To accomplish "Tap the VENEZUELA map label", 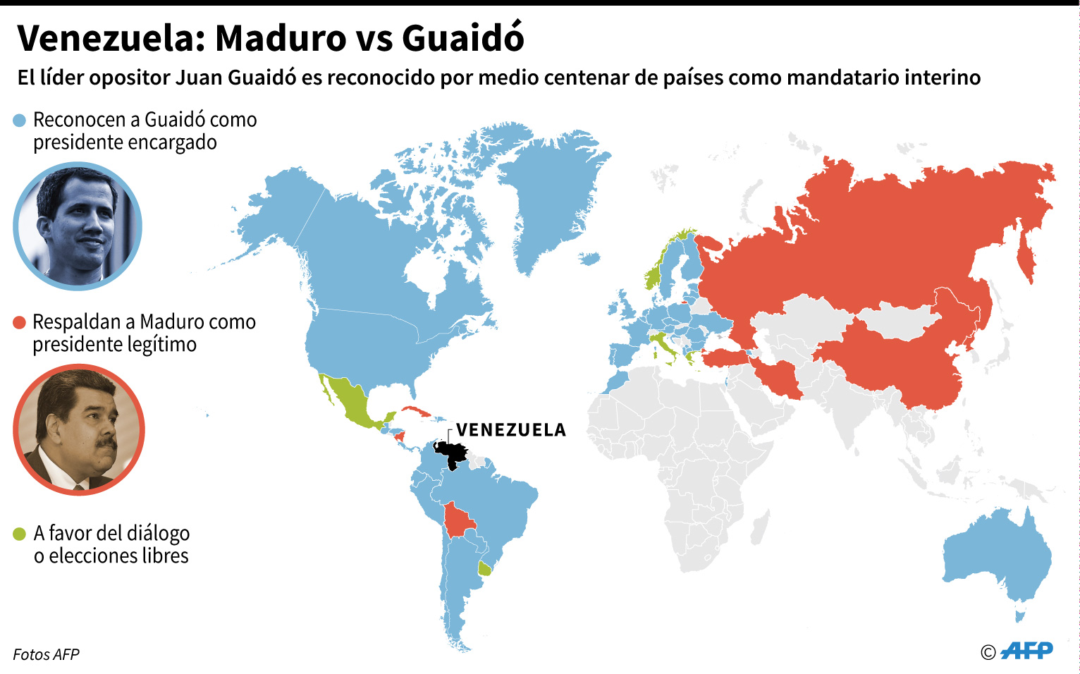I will click(x=511, y=430).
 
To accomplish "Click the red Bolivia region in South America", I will click(x=458, y=522).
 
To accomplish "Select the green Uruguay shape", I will click(x=485, y=568).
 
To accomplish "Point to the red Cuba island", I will click(x=416, y=412).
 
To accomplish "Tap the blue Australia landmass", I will click(x=998, y=557).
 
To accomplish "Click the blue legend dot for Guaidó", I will click(x=20, y=121).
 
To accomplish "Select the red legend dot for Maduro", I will click(x=20, y=323).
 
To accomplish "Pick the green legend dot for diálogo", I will click(x=20, y=534).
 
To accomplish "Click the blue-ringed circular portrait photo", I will click(x=78, y=226).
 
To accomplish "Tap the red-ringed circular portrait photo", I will click(x=78, y=429).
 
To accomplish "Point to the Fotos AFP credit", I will click(x=47, y=654).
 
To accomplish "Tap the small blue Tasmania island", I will click(x=1019, y=616).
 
